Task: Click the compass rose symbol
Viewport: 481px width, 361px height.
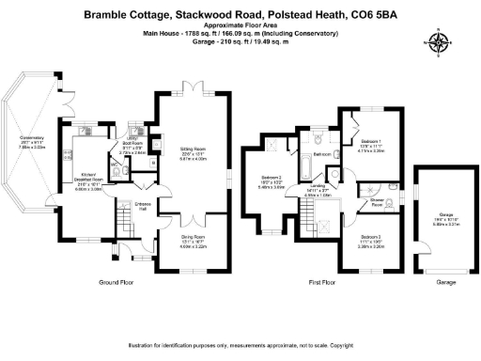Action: [x=438, y=41]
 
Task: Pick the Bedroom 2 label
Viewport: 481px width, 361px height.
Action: [x=271, y=181]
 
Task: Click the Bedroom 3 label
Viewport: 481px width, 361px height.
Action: [x=369, y=236]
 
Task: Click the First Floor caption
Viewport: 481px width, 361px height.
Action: [x=321, y=281]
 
